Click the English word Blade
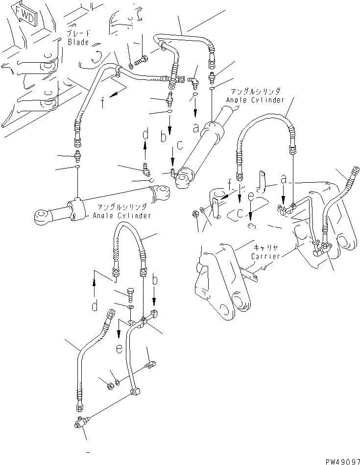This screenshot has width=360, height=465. (x=78, y=42)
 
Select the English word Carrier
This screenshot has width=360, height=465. (x=265, y=256)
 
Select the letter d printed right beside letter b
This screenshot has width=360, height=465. (x=145, y=134)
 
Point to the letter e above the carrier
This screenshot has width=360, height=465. (x=251, y=196)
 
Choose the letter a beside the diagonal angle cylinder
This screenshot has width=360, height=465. (x=196, y=128)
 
